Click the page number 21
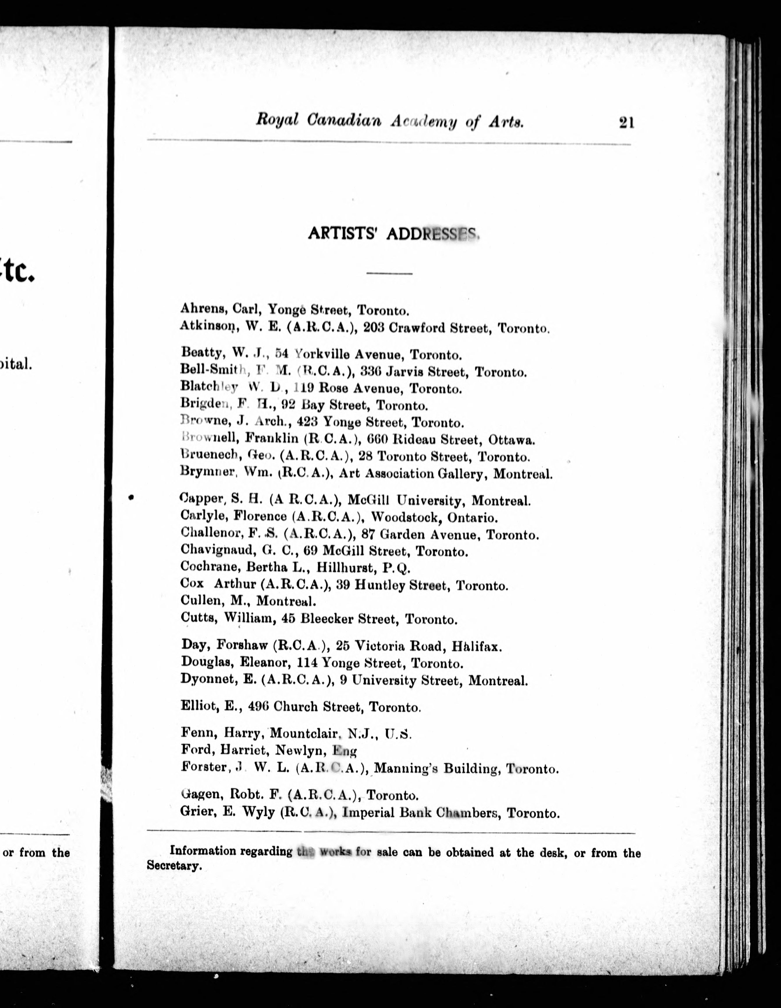point(626,123)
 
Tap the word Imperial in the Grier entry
point(365,813)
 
